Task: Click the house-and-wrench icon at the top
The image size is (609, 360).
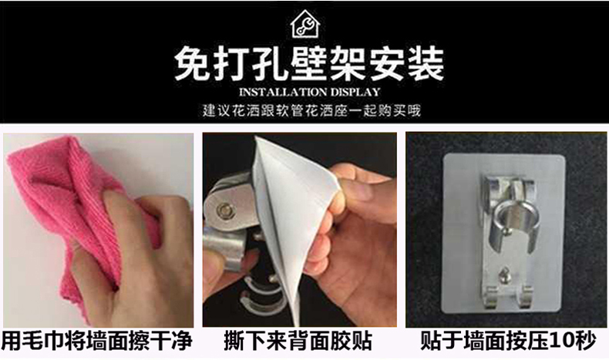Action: pos(305,24)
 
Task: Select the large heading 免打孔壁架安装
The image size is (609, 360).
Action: pos(309,64)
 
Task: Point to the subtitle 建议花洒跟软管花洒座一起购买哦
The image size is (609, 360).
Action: pos(311,111)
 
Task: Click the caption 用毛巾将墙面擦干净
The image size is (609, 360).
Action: pos(97,341)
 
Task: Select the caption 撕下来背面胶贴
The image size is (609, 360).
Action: pos(298,341)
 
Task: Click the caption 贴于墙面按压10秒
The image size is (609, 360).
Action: pos(508,341)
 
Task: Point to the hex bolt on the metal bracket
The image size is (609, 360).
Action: pos(224,210)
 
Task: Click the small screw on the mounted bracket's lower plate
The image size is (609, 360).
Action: pos(504,273)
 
